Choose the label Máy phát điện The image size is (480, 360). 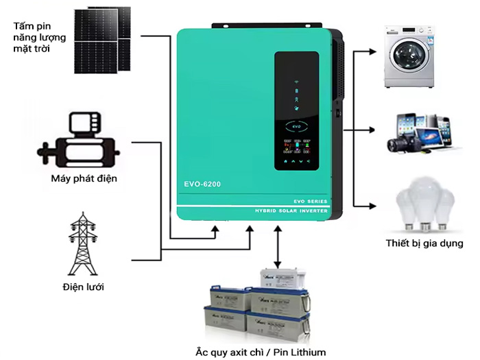(x=84, y=180)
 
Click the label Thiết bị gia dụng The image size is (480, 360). (x=424, y=243)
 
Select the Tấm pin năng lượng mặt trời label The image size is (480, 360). (x=34, y=38)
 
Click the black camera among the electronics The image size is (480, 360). (x=399, y=143)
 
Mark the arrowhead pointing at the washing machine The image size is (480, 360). (x=372, y=51)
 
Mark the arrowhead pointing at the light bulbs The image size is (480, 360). (x=372, y=206)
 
